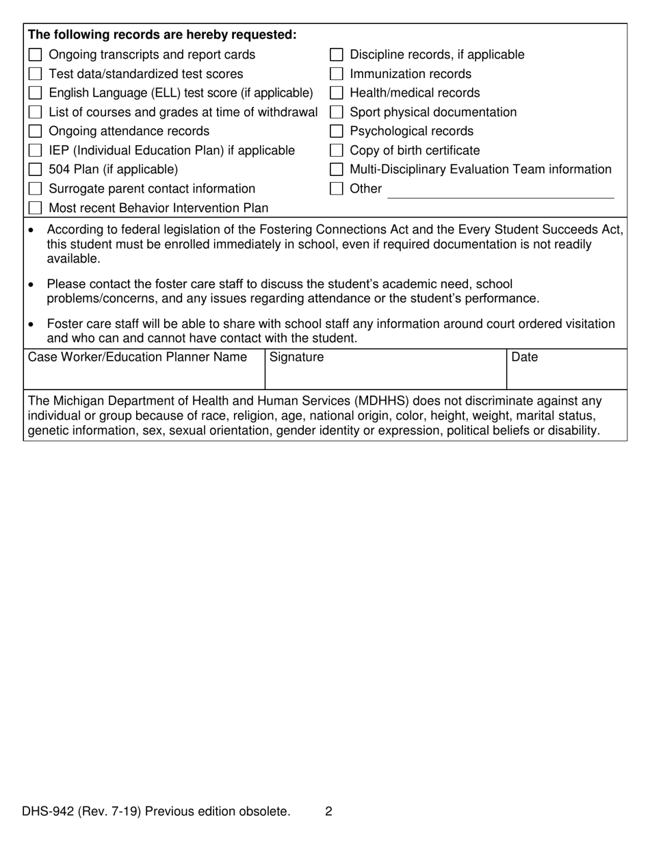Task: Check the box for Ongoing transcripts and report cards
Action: (x=36, y=55)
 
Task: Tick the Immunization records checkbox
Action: (x=336, y=74)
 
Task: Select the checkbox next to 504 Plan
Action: (x=36, y=170)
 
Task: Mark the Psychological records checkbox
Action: (x=336, y=131)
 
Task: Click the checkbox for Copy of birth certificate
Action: (x=336, y=151)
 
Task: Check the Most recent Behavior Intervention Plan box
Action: (x=36, y=208)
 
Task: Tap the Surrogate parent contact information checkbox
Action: (x=36, y=189)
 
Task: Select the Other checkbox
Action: (x=336, y=189)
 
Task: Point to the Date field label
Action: (x=525, y=357)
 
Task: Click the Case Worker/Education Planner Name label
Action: (x=138, y=357)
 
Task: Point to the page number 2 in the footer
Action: (x=329, y=812)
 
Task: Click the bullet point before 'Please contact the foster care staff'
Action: (x=31, y=285)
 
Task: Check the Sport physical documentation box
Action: (x=336, y=112)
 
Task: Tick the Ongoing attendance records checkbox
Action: (x=36, y=131)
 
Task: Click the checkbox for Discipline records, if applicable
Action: (x=336, y=55)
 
